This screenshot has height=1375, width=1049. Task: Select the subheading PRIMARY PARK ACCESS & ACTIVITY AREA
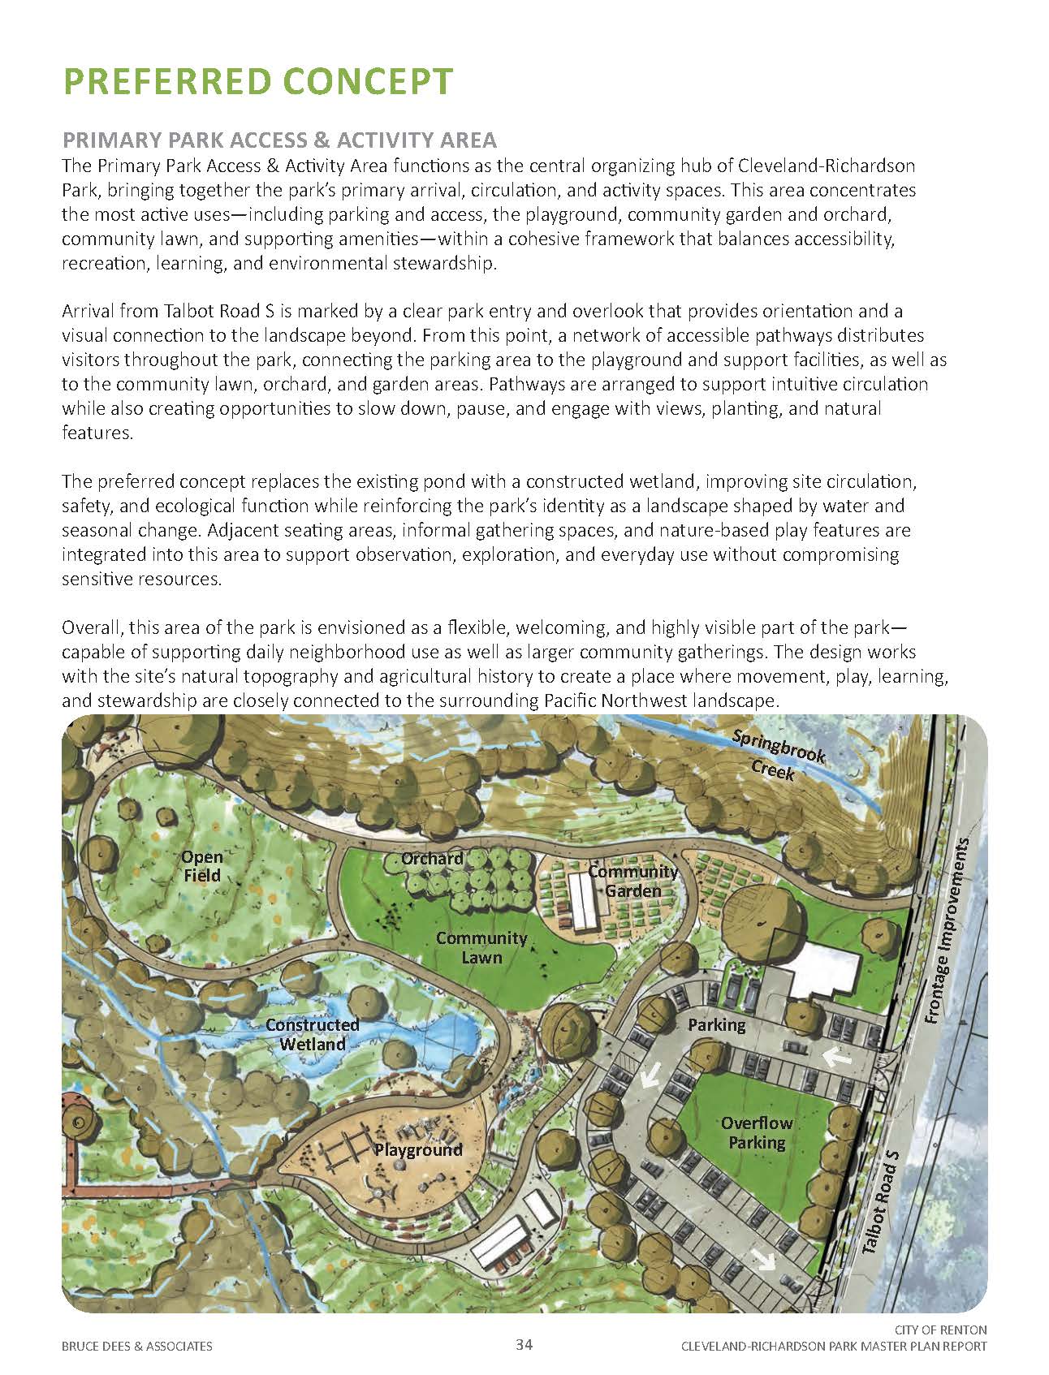click(x=279, y=140)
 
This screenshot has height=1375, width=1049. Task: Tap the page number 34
click(x=524, y=1345)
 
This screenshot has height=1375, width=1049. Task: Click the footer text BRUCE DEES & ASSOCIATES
click(x=136, y=1347)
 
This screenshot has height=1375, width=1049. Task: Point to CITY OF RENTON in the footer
click(x=940, y=1330)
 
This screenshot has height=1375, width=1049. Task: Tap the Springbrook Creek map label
click(x=775, y=752)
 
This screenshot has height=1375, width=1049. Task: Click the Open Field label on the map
click(x=201, y=865)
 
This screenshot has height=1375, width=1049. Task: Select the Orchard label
click(x=432, y=858)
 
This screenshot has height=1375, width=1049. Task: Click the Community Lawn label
click(x=481, y=947)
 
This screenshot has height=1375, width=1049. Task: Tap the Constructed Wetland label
click(x=313, y=1034)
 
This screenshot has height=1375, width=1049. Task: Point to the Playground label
click(x=418, y=1149)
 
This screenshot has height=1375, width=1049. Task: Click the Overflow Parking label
click(x=757, y=1132)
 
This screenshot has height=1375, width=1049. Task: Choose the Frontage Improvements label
click(x=947, y=931)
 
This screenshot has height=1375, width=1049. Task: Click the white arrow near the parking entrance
click(x=835, y=1057)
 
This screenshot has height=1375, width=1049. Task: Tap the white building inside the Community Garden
click(x=584, y=902)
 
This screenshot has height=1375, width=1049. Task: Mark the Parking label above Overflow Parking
click(x=716, y=1024)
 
